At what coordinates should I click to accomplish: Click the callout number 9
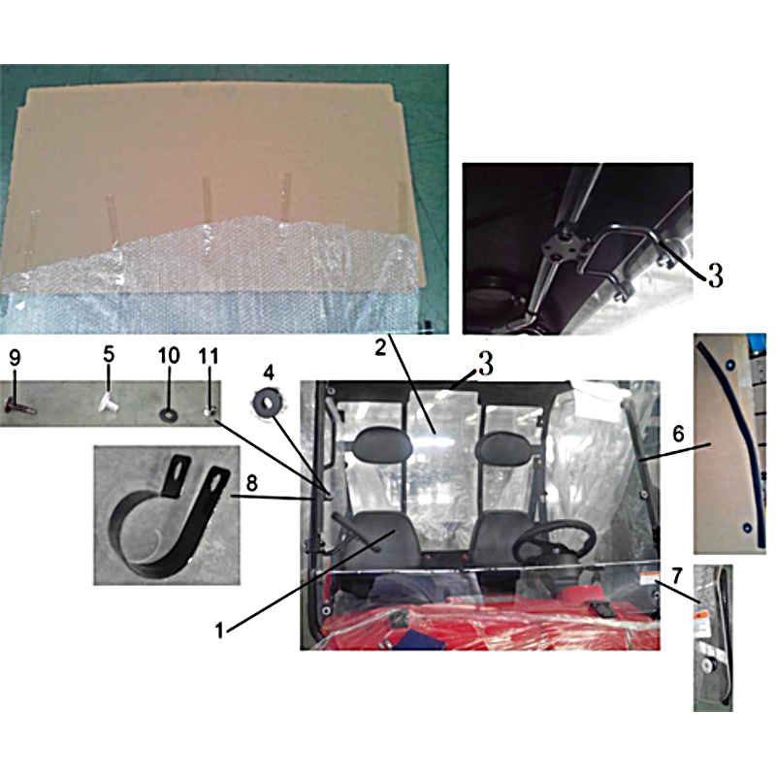click(x=16, y=357)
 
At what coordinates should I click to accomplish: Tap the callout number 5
click(x=109, y=354)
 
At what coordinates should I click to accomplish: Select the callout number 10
click(x=169, y=355)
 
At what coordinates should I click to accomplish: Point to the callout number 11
click(x=209, y=356)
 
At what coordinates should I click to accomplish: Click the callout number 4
click(x=269, y=372)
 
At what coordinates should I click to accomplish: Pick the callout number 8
click(x=252, y=483)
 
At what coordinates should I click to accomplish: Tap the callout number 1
click(x=219, y=631)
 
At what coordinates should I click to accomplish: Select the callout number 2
click(x=380, y=348)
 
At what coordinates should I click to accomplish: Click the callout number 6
click(x=678, y=434)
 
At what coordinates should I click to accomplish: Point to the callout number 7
click(x=677, y=576)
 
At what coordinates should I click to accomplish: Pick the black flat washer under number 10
click(x=168, y=413)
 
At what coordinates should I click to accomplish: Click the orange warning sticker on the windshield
click(x=647, y=579)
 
